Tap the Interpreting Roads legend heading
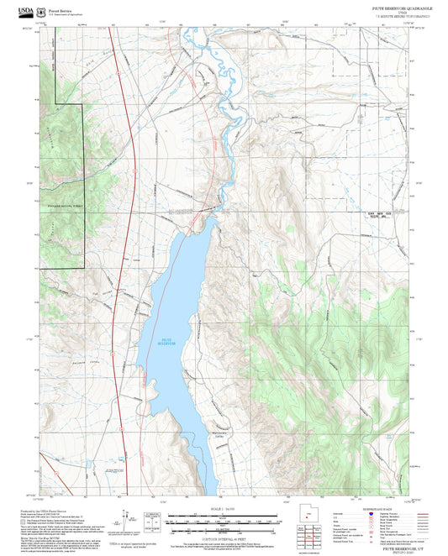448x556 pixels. (369, 509)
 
